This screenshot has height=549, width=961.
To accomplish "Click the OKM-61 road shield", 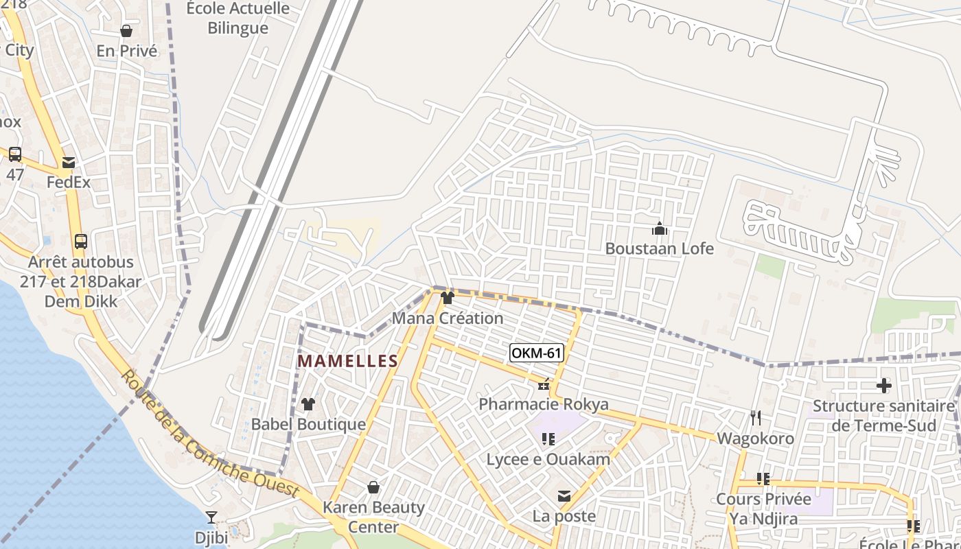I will pyautogui.click(x=537, y=353).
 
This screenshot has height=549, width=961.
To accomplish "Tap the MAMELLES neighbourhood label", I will pyautogui.click(x=347, y=361).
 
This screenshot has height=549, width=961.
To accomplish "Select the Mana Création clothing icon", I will pyautogui.click(x=448, y=298).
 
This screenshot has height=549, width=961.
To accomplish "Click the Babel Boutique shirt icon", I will pyautogui.click(x=308, y=404).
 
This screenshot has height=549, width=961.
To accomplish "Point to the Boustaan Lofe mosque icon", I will pyautogui.click(x=660, y=228).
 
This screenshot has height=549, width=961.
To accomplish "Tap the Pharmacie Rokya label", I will pyautogui.click(x=543, y=404).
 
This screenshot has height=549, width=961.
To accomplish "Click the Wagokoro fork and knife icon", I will pyautogui.click(x=756, y=417).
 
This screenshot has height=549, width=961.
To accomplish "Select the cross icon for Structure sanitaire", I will pyautogui.click(x=883, y=386).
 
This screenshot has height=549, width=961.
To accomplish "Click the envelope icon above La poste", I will pyautogui.click(x=564, y=495).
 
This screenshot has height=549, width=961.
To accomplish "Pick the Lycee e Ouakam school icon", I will pyautogui.click(x=548, y=439).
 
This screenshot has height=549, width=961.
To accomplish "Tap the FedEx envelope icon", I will pyautogui.click(x=69, y=163).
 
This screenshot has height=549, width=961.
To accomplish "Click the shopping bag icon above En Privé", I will pyautogui.click(x=126, y=31).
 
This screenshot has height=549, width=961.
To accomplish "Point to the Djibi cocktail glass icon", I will pyautogui.click(x=211, y=517).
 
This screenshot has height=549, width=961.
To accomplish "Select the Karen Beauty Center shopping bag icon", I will pyautogui.click(x=373, y=487).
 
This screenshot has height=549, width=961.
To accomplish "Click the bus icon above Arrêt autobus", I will pyautogui.click(x=81, y=242).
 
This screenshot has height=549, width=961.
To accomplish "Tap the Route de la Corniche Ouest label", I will pyautogui.click(x=209, y=434).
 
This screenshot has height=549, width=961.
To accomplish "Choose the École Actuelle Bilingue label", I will pyautogui.click(x=238, y=19).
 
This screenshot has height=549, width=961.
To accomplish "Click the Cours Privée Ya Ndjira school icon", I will pyautogui.click(x=763, y=478).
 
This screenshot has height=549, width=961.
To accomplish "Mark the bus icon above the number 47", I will pyautogui.click(x=15, y=154).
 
